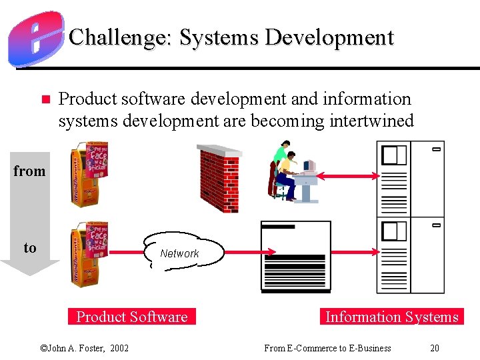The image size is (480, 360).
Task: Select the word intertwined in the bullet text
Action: (371, 121)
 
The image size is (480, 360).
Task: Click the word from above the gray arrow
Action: (29, 171)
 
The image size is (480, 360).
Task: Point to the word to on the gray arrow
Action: (30, 248)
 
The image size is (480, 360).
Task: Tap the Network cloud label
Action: (179, 253)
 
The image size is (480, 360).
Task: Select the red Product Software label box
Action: (132, 317)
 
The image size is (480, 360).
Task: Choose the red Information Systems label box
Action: (391, 317)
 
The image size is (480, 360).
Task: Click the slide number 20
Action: (435, 348)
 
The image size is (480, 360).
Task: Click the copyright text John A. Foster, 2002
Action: (85, 348)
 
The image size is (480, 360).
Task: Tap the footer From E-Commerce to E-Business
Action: (327, 348)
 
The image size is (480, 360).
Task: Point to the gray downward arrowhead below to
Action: (30, 267)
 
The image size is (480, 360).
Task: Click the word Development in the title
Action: (329, 37)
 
